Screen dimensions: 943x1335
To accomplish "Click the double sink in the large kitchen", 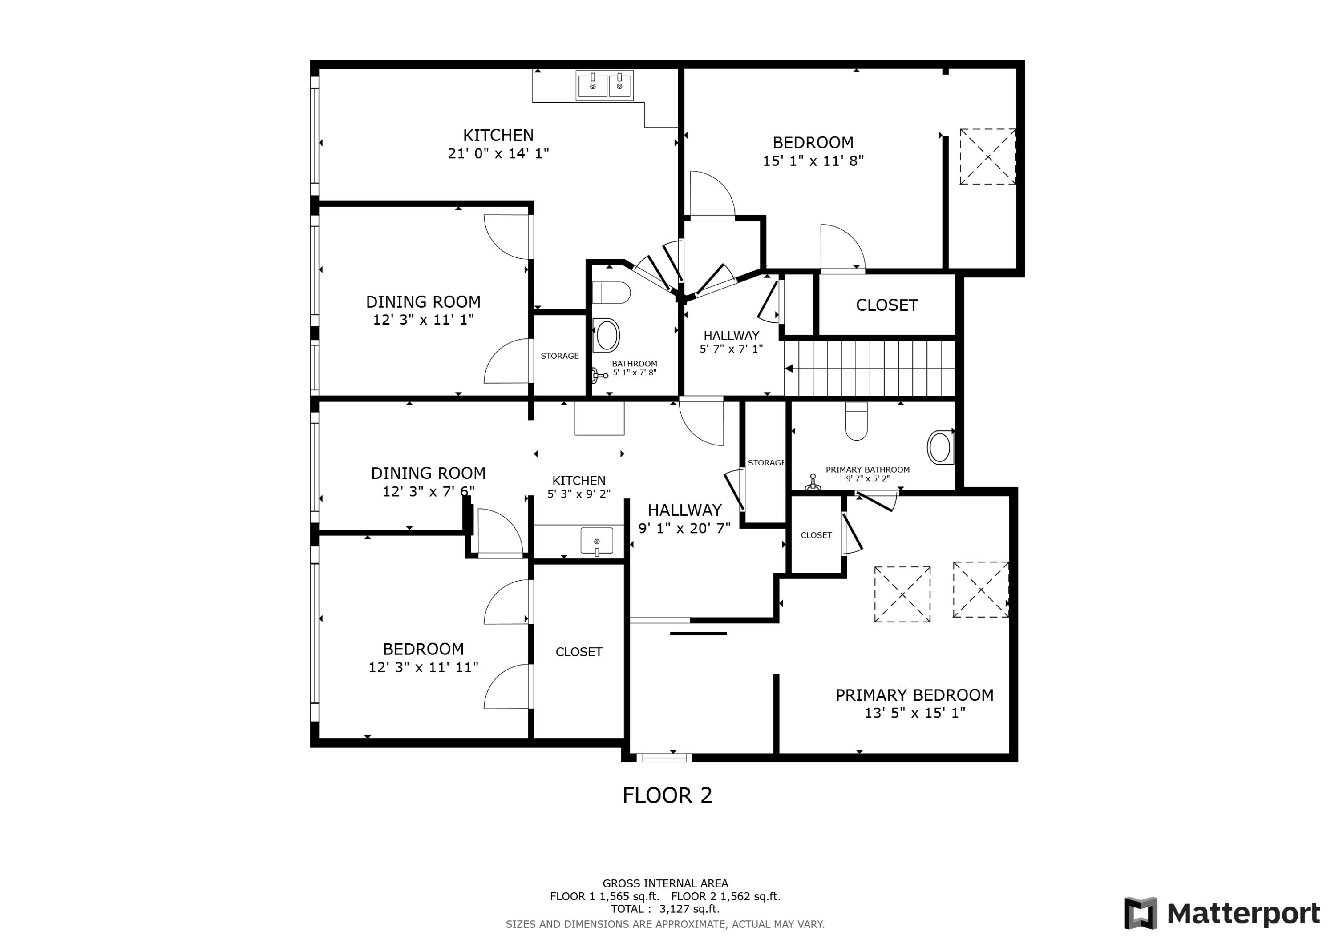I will [605, 86].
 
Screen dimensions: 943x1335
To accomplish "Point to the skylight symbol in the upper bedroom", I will [987, 157].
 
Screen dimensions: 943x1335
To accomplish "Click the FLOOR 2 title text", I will [667, 795].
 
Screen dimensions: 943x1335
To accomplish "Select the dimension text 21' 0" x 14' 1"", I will [498, 153].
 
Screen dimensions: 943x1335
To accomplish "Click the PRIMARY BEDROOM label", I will [914, 695].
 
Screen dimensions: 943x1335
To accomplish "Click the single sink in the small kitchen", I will [597, 541].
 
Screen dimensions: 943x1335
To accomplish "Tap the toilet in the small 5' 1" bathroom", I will [611, 293].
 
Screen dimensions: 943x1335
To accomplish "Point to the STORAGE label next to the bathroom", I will [559, 356].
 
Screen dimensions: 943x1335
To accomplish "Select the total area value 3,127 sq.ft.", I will [689, 909].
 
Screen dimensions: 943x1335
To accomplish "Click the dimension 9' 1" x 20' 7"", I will [684, 528].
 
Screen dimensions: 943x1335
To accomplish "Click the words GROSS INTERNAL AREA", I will [665, 884].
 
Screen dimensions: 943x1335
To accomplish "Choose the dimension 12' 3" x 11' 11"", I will [423, 667].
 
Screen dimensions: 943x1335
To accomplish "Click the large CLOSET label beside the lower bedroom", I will [578, 652].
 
